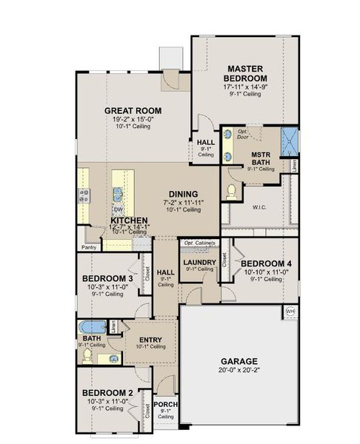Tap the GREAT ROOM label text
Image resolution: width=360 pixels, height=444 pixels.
pyautogui.click(x=133, y=111)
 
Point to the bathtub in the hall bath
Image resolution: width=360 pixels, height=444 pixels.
pyautogui.click(x=93, y=326)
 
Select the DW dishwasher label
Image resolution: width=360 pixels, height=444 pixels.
pyautogui.click(x=119, y=209)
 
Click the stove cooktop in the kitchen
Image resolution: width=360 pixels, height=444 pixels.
pyautogui.click(x=84, y=195)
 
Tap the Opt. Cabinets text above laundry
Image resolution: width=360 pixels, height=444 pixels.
pyautogui.click(x=200, y=243)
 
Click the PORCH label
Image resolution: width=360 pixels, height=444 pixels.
pyautogui.click(x=165, y=404)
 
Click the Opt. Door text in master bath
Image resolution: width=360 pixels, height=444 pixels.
pyautogui.click(x=242, y=134)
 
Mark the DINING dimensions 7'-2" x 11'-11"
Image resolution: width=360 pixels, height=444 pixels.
pyautogui.click(x=182, y=201)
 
